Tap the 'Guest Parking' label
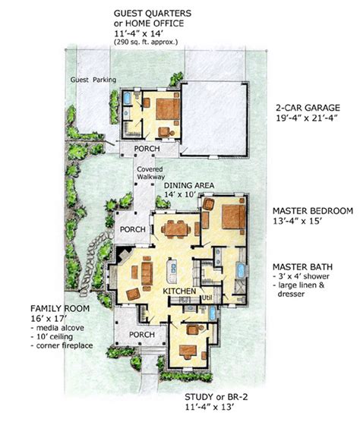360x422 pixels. point(89,79)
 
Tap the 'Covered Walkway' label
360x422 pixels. point(150,172)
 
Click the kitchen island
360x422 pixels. point(172,268)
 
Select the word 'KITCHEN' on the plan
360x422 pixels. point(178,291)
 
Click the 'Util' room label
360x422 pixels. point(205,299)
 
